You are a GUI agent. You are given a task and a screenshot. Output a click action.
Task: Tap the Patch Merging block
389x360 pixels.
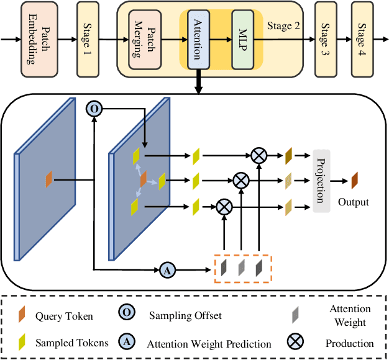pyautogui.click(x=144, y=39)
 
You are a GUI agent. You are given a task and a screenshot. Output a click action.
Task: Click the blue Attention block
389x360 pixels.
pyautogui.click(x=195, y=39)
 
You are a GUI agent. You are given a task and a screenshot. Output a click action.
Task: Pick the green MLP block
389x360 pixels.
pyautogui.click(x=242, y=39)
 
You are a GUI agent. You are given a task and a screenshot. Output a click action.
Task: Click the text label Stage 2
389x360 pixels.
pyautogui.click(x=283, y=26)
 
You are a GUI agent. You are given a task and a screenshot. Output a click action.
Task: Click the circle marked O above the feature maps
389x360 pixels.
pyautogui.click(x=93, y=109)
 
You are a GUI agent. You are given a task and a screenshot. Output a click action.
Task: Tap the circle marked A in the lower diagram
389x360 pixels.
pyautogui.click(x=166, y=269)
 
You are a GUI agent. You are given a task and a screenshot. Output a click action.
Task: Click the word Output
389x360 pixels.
pyautogui.click(x=353, y=202)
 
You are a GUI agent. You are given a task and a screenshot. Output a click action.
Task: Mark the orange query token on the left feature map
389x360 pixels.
pyautogui.click(x=50, y=181)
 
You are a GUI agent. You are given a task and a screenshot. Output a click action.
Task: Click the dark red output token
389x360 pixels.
pyautogui.click(x=354, y=181)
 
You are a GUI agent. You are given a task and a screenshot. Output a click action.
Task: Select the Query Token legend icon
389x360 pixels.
pyautogui.click(x=23, y=316)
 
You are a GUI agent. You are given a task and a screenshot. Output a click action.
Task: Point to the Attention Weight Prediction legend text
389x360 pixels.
pyautogui.click(x=209, y=344)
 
